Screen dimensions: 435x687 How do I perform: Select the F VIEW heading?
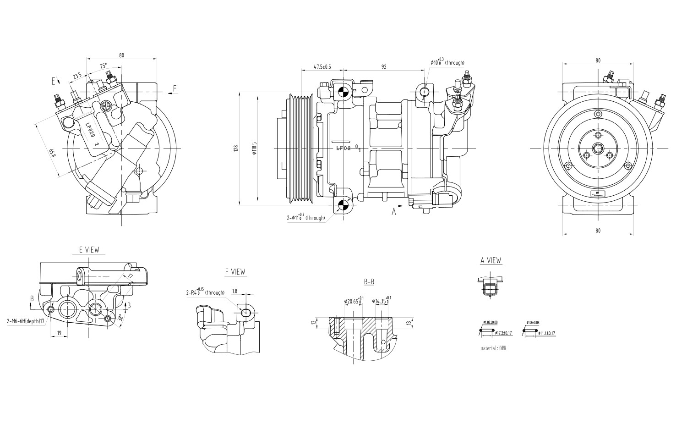coord(235,272)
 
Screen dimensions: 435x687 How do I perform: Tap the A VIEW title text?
coord(491,260)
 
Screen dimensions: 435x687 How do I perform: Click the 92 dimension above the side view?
coord(384,66)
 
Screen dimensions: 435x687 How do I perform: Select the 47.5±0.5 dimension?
coord(322,66)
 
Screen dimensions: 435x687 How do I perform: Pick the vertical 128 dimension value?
coord(236,148)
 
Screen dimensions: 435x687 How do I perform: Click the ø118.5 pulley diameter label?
coord(254,148)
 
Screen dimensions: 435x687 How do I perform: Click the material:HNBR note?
coord(493,348)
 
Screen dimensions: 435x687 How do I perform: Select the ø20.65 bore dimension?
coord(353,301)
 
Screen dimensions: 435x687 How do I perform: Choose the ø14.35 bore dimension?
coord(381,301)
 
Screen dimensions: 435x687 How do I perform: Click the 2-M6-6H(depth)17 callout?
coord(26,321)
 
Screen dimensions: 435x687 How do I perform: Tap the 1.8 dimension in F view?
coord(234,291)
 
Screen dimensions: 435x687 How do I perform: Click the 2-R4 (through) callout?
coord(205,292)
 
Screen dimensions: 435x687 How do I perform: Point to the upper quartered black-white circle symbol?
coord(341,90)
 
